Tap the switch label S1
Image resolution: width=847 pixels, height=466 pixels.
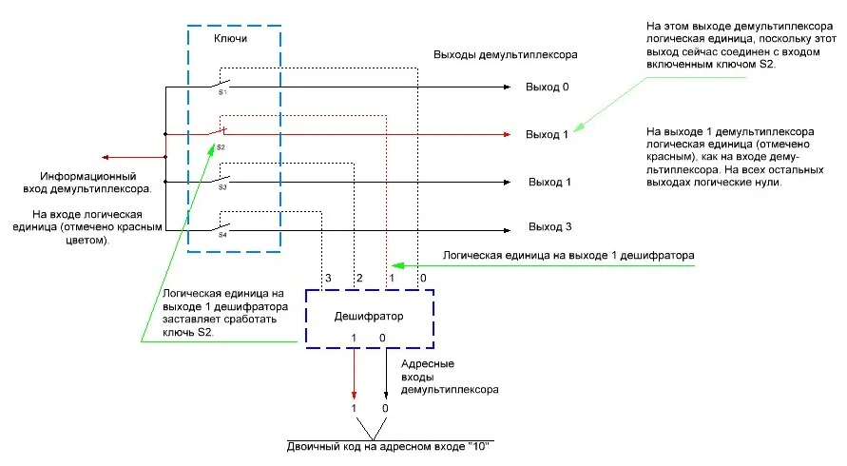pos(221,92)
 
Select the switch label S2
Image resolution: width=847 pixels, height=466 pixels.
pos(221,147)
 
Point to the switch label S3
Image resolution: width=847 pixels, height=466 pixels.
pos(221,187)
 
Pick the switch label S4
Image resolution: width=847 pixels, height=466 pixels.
pos(221,234)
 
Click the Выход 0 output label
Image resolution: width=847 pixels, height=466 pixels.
pos(547,87)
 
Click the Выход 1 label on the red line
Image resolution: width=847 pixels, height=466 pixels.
pos(547,134)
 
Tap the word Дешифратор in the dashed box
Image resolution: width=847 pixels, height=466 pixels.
pos(368,316)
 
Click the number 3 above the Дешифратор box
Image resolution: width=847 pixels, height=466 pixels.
pos(328,277)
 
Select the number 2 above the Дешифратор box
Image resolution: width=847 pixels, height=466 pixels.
pos(359,277)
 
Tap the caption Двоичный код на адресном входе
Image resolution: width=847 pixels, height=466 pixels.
pos(393,446)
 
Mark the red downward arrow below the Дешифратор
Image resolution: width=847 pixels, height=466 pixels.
pos(355,390)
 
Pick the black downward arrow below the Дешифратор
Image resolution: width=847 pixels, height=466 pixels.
pos(385,390)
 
